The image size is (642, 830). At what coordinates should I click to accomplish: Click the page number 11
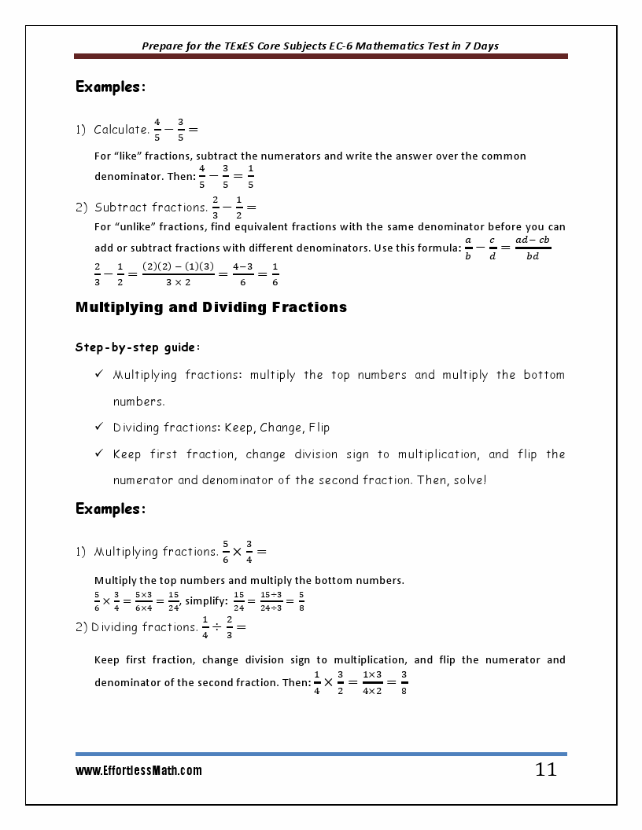click(545, 770)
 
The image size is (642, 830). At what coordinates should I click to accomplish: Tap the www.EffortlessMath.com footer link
click(138, 771)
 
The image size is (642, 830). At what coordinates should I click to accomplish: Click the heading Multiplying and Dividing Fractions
click(211, 307)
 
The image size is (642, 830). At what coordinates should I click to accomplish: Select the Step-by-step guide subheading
click(126, 347)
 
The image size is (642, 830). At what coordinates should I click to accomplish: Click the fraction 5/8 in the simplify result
click(301, 601)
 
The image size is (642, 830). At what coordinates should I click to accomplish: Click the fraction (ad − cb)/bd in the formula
click(533, 248)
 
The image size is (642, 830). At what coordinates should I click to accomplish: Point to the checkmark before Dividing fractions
click(99, 428)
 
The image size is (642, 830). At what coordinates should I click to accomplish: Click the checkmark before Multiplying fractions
click(99, 375)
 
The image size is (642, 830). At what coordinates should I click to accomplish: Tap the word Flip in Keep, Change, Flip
click(319, 428)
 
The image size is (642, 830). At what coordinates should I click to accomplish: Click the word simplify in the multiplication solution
click(205, 601)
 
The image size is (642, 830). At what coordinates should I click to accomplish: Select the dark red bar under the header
click(321, 57)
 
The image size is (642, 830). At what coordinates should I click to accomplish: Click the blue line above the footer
click(321, 754)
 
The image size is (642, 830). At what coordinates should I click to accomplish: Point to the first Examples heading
click(110, 87)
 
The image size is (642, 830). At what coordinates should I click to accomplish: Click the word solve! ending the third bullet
click(470, 479)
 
